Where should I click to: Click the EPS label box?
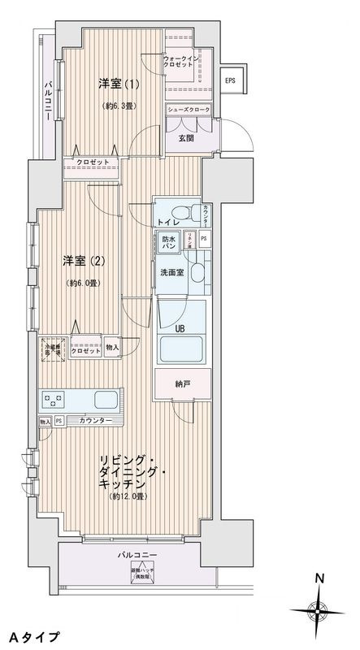231,80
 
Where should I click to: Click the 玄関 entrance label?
186,138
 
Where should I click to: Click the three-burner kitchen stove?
54,400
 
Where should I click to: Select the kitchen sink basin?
107,399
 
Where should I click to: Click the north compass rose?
320,610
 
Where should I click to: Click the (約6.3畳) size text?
119,106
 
